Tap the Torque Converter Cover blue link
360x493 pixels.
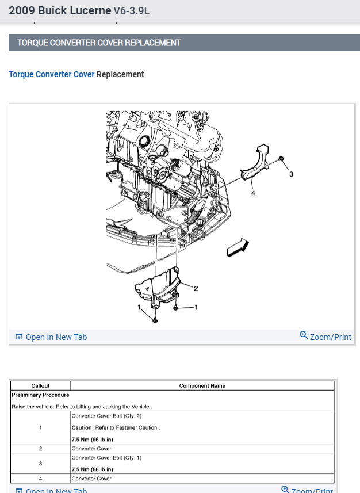point(51,74)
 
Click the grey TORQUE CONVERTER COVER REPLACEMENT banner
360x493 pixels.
point(184,43)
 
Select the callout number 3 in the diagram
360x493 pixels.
point(291,174)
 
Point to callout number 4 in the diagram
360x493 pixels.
point(253,194)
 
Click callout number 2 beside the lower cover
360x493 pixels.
point(196,288)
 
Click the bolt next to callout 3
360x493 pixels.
point(280,158)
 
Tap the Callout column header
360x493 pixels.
point(40,385)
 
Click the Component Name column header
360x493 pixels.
point(202,385)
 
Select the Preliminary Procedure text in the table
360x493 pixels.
point(40,395)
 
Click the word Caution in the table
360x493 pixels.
point(83,427)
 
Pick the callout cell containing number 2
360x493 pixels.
point(40,448)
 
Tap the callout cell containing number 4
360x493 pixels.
point(40,478)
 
